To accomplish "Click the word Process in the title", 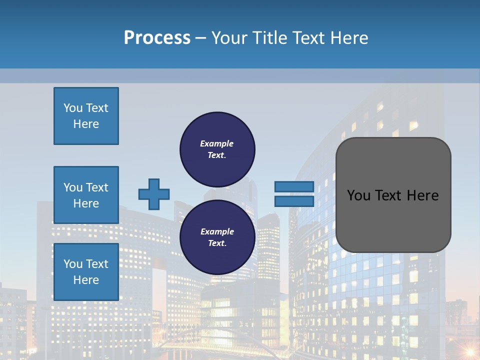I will [157, 37].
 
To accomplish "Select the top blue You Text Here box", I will [86, 116].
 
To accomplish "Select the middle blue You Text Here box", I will [86, 195].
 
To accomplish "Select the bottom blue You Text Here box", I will [86, 272].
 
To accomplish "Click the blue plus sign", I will [154, 194].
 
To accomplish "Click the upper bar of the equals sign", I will [294, 186].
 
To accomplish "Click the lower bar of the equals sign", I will [294, 201].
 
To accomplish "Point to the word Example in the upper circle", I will [216, 143].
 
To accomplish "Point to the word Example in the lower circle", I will [217, 231].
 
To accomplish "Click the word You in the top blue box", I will [73, 108].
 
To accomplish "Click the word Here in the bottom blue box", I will [86, 280].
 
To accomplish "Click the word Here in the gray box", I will [422, 195].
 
